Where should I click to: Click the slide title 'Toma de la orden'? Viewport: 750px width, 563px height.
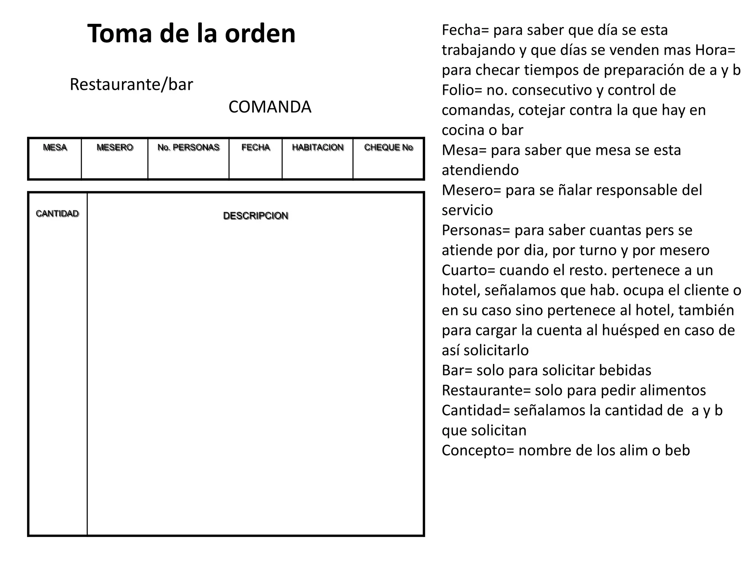(x=191, y=33)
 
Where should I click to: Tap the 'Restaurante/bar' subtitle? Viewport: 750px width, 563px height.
(x=131, y=84)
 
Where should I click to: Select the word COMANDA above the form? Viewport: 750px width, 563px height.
(x=270, y=107)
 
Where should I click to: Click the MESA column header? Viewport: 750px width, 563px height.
(x=55, y=147)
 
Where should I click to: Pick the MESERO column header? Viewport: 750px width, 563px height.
(x=115, y=147)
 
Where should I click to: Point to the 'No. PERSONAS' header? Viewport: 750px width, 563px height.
(x=188, y=147)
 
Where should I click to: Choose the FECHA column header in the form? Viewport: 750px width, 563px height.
(x=256, y=147)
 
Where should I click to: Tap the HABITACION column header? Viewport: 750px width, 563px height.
(x=318, y=147)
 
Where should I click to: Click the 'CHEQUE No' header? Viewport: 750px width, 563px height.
(x=388, y=147)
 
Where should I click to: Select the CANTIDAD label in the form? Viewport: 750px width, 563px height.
(x=57, y=214)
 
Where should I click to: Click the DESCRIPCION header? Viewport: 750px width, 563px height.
(x=256, y=216)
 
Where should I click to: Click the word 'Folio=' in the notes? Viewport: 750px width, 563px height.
(x=462, y=90)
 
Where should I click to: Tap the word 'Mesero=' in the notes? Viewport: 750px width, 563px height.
(x=471, y=190)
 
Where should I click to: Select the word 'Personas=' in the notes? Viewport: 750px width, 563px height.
(x=476, y=230)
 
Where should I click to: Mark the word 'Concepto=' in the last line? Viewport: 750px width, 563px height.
(x=478, y=450)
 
